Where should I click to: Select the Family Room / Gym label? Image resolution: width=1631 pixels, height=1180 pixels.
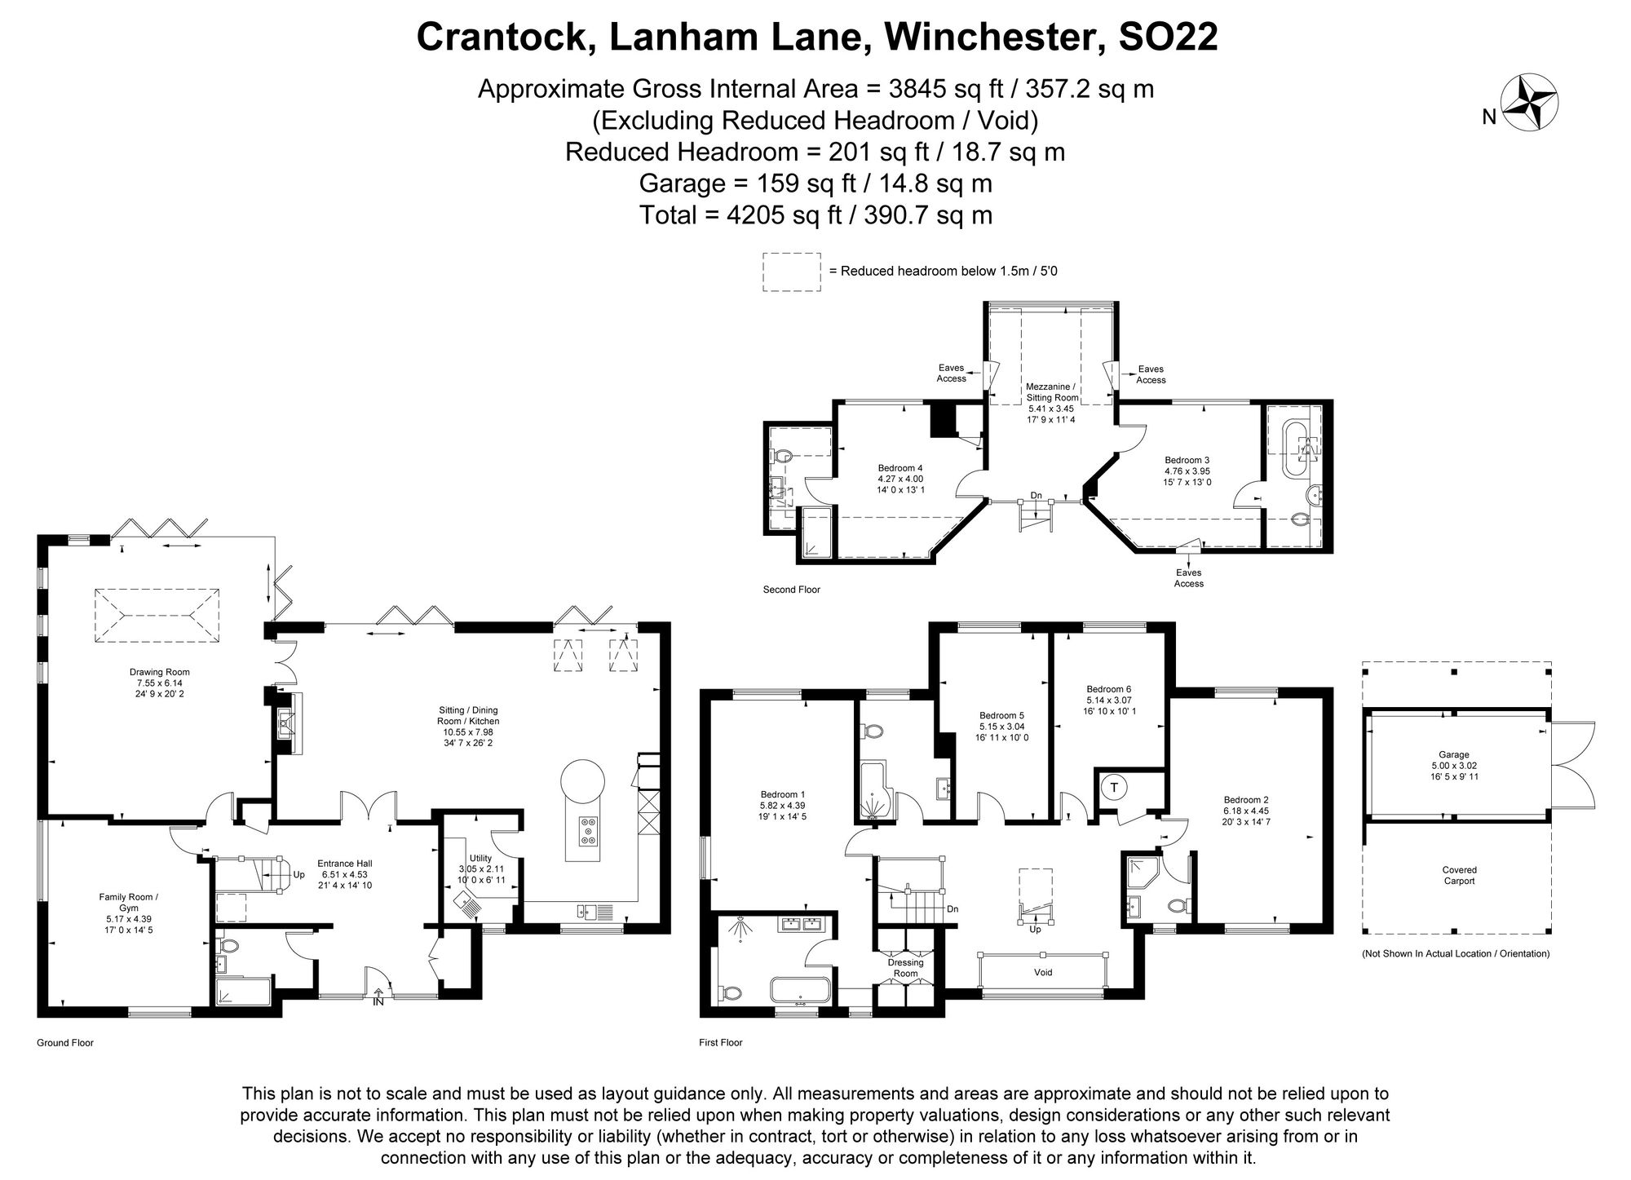(129, 902)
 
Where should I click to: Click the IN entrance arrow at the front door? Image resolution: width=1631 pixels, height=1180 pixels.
(378, 996)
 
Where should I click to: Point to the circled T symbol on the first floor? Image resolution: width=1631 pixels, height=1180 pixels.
(1114, 788)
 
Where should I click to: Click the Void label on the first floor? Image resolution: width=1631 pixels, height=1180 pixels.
(1043, 972)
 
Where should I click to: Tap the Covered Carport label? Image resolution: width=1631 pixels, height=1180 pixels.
(1459, 875)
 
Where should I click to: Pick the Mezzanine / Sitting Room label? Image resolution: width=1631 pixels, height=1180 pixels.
(1051, 392)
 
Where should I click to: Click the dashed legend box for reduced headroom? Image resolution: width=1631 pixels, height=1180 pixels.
(791, 272)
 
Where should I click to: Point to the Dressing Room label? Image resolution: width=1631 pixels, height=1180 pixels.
(905, 968)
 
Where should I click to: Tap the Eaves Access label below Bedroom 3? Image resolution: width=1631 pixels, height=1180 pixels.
(1188, 578)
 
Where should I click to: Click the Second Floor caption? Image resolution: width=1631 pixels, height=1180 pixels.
(791, 590)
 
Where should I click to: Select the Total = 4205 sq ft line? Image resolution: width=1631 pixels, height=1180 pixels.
(815, 215)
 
